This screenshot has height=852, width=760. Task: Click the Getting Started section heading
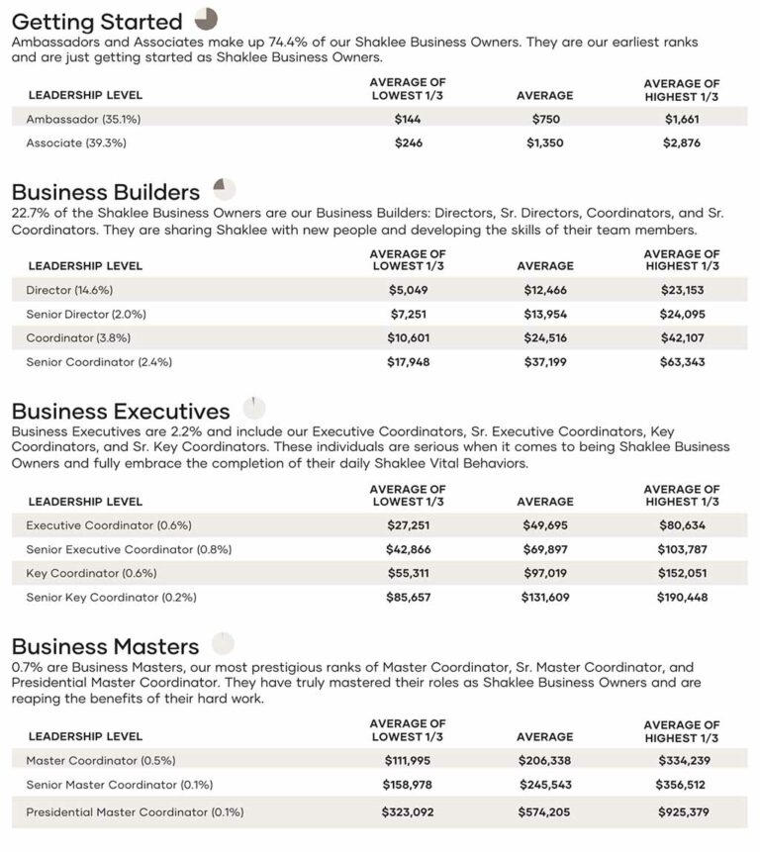[x=97, y=22]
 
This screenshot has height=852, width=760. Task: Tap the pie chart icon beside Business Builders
[x=225, y=189]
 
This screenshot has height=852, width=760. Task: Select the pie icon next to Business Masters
[x=223, y=644]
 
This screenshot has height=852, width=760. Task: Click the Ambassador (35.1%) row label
[x=76, y=119]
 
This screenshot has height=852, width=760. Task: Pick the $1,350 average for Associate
[x=544, y=142]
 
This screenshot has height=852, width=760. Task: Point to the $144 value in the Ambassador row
[x=408, y=119]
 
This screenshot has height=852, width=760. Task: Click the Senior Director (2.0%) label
[x=86, y=314]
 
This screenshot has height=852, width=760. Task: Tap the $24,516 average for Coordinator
[x=544, y=337]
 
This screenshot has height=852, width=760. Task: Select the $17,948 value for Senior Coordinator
[x=408, y=362]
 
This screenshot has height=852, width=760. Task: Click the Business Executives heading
[x=121, y=412]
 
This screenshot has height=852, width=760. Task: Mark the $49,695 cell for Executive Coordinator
[x=544, y=525]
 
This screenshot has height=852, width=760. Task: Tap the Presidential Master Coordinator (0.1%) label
[x=135, y=812]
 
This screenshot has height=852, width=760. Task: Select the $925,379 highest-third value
[x=682, y=812]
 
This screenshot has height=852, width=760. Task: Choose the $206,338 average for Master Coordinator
[x=544, y=760]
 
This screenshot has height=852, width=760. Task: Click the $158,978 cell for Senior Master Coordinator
[x=408, y=785]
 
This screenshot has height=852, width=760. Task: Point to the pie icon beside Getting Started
[x=206, y=19]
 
